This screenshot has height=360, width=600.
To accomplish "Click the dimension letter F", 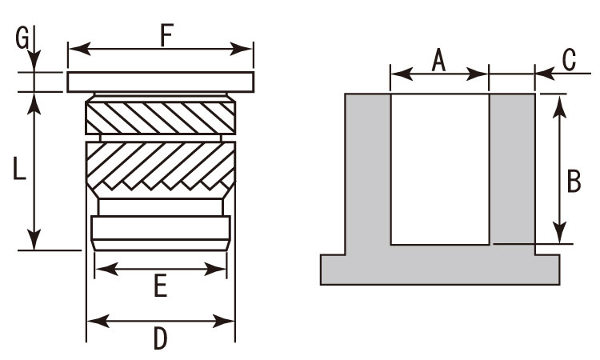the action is click(x=167, y=35).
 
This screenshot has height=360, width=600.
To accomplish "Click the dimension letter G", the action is click(x=22, y=38).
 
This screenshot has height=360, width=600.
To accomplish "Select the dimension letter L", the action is click(x=18, y=168).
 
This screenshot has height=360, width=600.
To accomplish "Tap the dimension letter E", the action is click(x=161, y=286).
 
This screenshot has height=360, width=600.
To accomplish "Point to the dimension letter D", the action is click(x=161, y=338).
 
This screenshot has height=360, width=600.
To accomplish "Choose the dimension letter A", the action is click(x=438, y=61).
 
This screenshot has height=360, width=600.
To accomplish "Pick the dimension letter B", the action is click(x=574, y=181).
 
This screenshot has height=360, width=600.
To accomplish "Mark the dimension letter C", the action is click(x=569, y=60).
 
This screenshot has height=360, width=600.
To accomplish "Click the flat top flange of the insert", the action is click(x=161, y=82).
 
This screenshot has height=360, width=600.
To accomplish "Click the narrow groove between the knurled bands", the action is click(x=161, y=138).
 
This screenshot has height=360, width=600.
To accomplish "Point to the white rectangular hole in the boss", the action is click(x=440, y=169).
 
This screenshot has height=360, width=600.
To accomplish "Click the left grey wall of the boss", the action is click(x=368, y=174).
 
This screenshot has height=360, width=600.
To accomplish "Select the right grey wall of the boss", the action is click(x=512, y=169).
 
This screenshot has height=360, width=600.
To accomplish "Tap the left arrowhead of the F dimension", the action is click(x=79, y=49).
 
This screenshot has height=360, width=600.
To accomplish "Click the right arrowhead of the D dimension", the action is click(x=223, y=321).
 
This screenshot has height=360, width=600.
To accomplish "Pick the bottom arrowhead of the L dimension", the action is click(x=34, y=238).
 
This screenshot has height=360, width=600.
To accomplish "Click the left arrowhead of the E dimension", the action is click(x=106, y=269).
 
